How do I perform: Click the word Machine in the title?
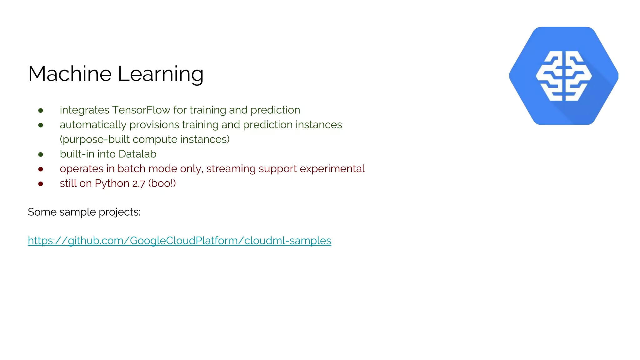[70, 74]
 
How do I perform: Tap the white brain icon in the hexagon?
[563, 76]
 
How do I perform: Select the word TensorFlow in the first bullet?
[141, 110]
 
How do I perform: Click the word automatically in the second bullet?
[93, 125]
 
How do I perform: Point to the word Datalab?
[137, 154]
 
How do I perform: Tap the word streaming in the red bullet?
[231, 169]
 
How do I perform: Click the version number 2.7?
[138, 184]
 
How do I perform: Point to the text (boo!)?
[162, 183]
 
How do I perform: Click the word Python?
[112, 183]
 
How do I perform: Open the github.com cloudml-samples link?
[179, 241]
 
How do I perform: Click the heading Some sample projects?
[84, 212]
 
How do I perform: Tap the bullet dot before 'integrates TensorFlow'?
[41, 110]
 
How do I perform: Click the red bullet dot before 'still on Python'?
[41, 184]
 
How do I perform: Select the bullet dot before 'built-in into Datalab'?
[41, 154]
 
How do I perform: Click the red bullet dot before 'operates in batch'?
[41, 169]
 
